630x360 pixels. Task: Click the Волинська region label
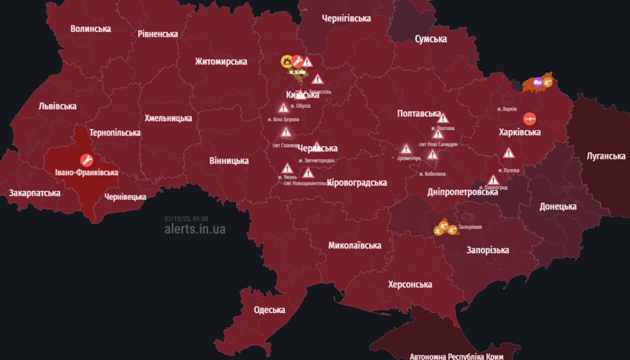point(90,28)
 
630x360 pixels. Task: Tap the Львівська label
point(57,106)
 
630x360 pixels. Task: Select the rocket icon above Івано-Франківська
point(86,160)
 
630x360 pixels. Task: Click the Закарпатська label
point(34,192)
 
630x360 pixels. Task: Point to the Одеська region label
point(269,309)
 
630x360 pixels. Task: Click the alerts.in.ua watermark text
point(195,229)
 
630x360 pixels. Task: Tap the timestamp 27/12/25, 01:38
point(186,218)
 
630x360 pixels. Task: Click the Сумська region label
point(430,39)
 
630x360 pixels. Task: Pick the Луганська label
point(606,156)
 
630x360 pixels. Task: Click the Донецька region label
point(558,206)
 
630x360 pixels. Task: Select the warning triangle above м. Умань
point(287,168)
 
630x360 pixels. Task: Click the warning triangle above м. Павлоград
point(493,179)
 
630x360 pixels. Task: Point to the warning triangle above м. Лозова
point(508,153)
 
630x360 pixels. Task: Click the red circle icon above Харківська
point(529,119)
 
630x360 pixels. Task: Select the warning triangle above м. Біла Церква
point(283,107)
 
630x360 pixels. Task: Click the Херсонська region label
point(410,284)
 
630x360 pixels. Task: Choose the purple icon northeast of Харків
point(537,82)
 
